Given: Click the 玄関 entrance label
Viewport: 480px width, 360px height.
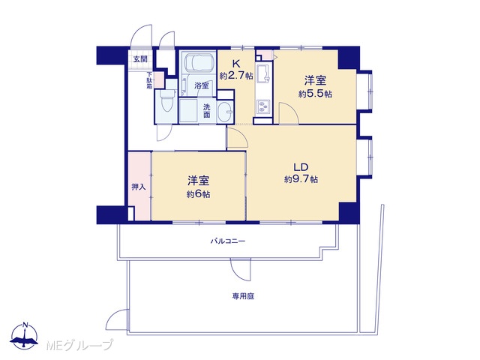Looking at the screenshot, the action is tap(140, 59).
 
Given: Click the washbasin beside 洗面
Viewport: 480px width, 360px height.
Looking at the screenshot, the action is tap(225, 112).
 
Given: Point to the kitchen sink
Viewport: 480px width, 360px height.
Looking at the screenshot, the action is tap(264, 74).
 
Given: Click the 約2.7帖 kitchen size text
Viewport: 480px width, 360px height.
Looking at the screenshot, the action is tap(236, 75).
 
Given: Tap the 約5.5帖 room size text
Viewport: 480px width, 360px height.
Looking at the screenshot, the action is tap(315, 94).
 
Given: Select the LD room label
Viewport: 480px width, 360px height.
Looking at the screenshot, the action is tap(301, 167).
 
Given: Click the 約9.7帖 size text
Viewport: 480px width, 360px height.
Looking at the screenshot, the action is tap(301, 179).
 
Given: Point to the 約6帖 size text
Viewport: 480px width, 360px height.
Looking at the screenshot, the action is tap(198, 194).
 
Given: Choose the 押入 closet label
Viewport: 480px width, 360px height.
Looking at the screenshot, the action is tap(139, 187).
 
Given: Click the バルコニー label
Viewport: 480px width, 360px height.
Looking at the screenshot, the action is tap(228, 241).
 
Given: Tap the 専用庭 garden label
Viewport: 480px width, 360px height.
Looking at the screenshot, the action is tap(243, 296).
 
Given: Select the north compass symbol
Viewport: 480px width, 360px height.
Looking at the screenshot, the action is tap(25, 335).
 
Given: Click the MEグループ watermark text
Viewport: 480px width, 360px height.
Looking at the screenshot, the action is tap(79, 345).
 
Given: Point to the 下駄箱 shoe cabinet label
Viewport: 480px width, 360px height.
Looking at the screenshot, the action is tap(149, 80).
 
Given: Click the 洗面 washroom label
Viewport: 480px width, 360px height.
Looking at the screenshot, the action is tap(207, 111).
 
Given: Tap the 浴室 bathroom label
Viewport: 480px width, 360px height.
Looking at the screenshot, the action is tap(202, 85).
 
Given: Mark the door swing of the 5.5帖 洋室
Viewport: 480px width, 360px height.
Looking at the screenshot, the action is tap(289, 113).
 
